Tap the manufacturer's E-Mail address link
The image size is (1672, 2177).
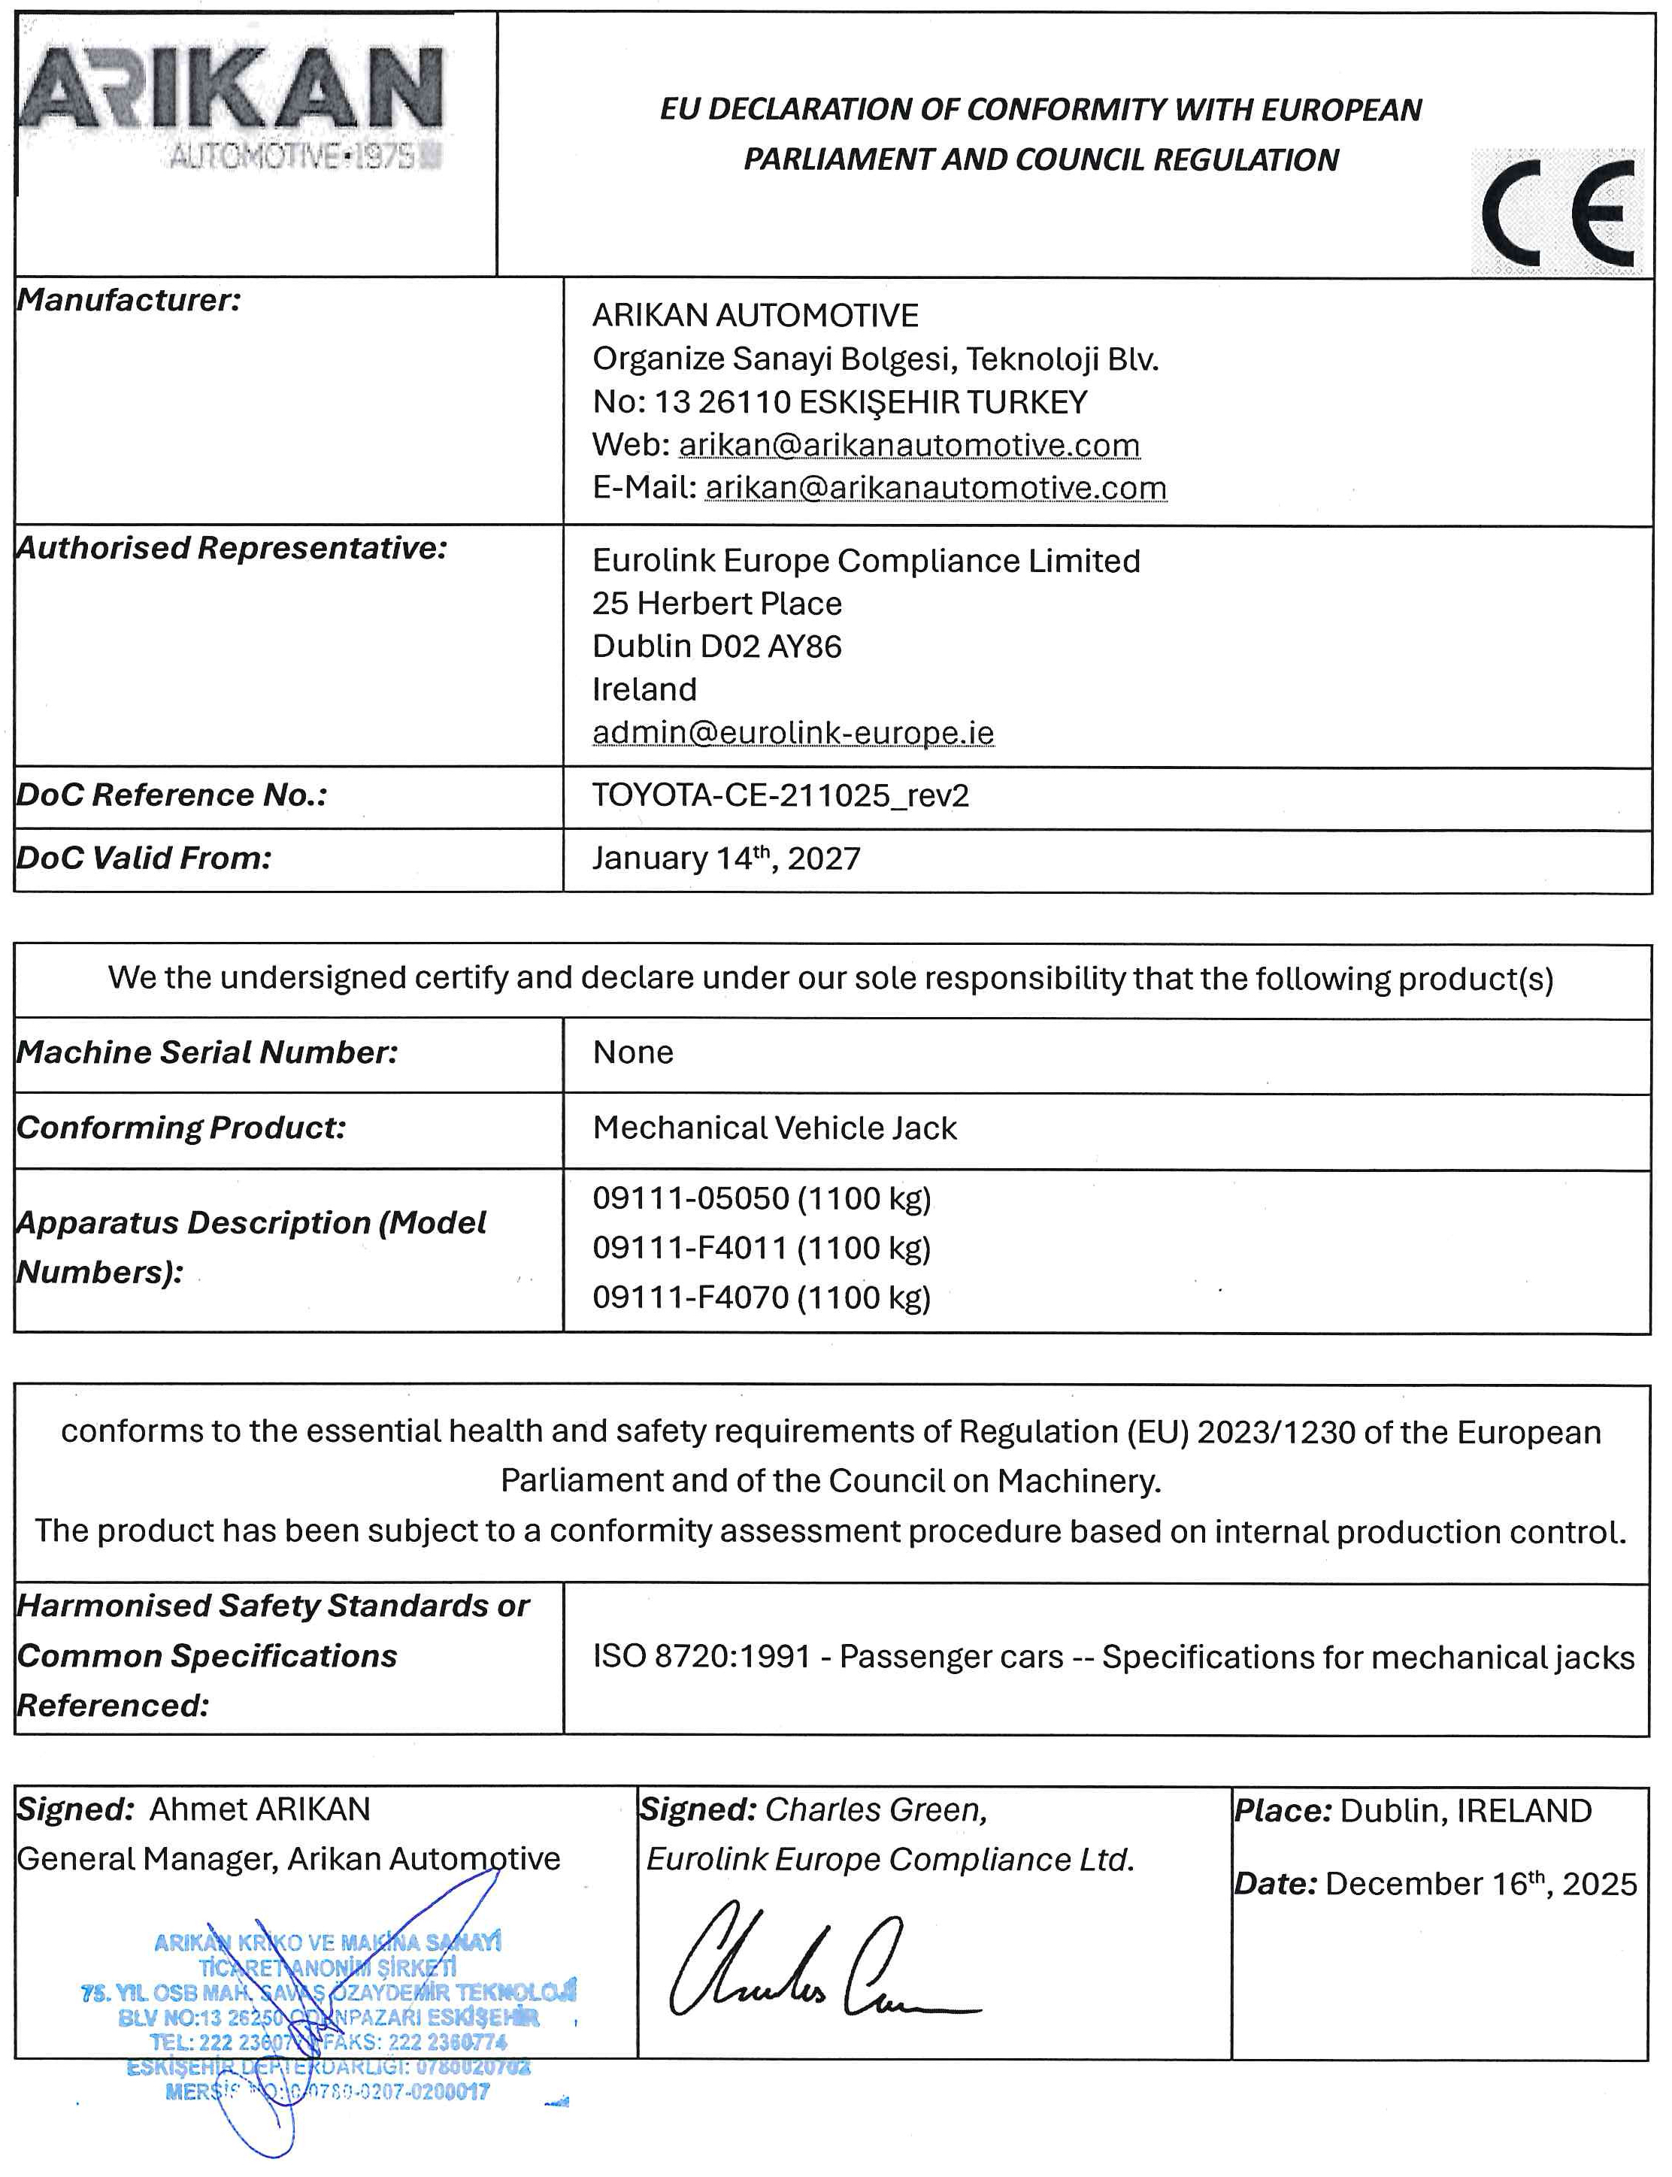click(934, 488)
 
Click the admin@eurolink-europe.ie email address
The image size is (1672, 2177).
click(792, 732)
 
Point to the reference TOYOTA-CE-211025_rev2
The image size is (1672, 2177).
click(780, 795)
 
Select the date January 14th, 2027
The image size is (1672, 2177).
click(725, 858)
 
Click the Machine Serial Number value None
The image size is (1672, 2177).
click(633, 1052)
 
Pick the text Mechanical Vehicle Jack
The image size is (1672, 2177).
click(774, 1128)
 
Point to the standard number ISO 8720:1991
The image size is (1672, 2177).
click(701, 1657)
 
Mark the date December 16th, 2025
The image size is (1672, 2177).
click(1480, 1884)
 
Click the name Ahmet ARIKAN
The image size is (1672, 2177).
click(260, 1809)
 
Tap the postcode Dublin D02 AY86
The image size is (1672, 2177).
click(716, 646)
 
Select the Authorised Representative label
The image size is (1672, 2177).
click(232, 548)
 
